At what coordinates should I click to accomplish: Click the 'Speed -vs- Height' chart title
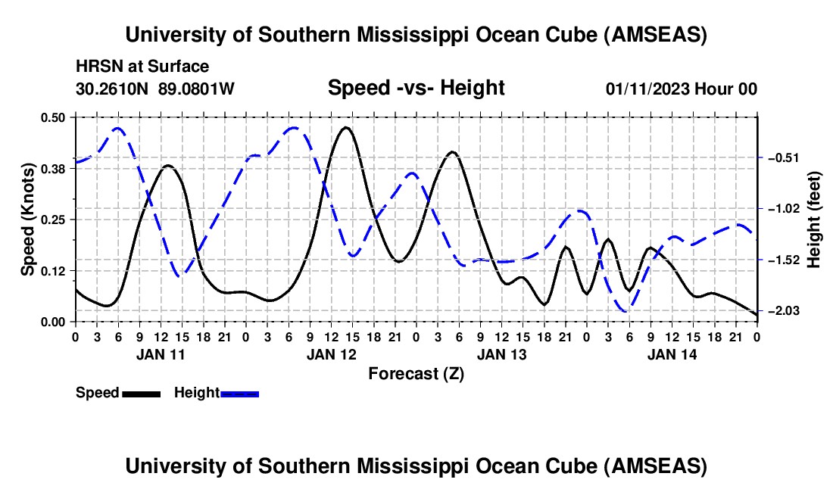coord(416,89)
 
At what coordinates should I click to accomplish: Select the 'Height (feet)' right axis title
coord(814,220)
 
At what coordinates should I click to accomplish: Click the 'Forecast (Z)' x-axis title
coord(416,373)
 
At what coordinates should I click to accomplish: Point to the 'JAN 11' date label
coord(160,353)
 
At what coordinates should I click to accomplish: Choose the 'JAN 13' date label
coord(501,353)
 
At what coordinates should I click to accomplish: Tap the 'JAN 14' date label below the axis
coord(672,353)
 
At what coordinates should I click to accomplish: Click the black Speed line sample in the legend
coord(141,393)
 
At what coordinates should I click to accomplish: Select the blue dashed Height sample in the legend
coord(239,393)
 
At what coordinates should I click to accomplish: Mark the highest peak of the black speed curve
coord(346,127)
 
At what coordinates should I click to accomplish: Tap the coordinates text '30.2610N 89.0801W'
coord(155,89)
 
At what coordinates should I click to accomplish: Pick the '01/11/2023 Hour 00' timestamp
coord(681,89)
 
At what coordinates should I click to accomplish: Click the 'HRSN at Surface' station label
coord(142,67)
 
